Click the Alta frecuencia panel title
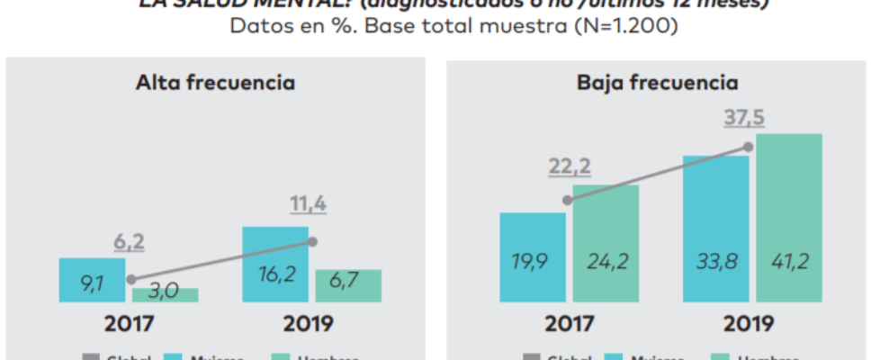[215, 84]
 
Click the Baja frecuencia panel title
[657, 84]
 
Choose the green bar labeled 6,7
[348, 286]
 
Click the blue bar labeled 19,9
[532, 259]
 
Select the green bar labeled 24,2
[606, 245]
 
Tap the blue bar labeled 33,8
[715, 229]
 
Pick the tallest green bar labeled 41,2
[789, 219]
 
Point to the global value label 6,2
[130, 242]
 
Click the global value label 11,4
[308, 204]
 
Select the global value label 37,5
[746, 119]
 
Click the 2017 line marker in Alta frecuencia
[131, 280]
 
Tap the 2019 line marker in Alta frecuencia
[312, 241]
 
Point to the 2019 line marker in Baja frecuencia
[747, 147]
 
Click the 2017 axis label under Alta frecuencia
[129, 324]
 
